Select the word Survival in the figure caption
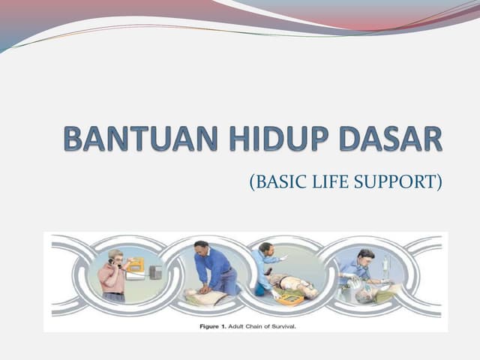[280, 325]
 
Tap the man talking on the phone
[113, 274]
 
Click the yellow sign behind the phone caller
[136, 264]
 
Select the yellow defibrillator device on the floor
[290, 298]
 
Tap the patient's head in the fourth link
[363, 295]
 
